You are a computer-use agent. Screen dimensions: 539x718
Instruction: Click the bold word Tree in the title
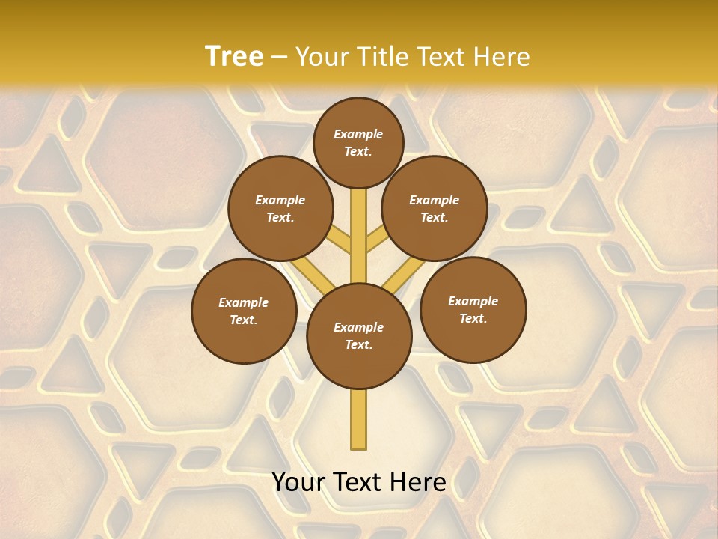pos(234,57)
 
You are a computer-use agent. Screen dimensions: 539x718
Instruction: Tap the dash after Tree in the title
pos(280,58)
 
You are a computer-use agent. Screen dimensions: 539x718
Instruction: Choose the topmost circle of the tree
pos(358,142)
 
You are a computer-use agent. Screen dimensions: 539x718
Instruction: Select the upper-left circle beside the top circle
pos(280,208)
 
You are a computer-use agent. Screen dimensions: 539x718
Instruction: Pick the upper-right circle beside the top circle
pos(435,208)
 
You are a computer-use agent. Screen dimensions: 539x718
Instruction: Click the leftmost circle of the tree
pos(244,311)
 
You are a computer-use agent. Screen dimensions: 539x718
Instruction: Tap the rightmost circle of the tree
pos(473,309)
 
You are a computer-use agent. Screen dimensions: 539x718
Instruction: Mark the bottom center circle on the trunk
pos(359,335)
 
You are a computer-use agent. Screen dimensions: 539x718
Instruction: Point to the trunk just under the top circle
pos(359,206)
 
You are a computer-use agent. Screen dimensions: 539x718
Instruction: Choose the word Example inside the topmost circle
pos(358,134)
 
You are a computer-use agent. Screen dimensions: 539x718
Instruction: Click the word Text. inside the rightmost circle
pos(473,318)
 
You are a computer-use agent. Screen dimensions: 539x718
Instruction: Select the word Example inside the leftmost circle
pos(243,302)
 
